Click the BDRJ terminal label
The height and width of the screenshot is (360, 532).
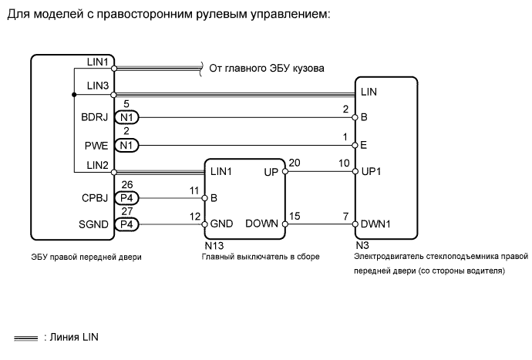pyautogui.click(x=95, y=118)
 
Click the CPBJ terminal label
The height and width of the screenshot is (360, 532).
pyautogui.click(x=95, y=198)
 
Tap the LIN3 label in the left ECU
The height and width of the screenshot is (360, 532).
pyautogui.click(x=98, y=85)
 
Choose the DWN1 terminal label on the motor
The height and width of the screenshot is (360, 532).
pyautogui.click(x=375, y=224)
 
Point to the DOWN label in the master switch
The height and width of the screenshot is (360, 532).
pyautogui.click(x=261, y=224)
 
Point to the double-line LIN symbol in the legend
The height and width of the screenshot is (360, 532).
pyautogui.click(x=25, y=337)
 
